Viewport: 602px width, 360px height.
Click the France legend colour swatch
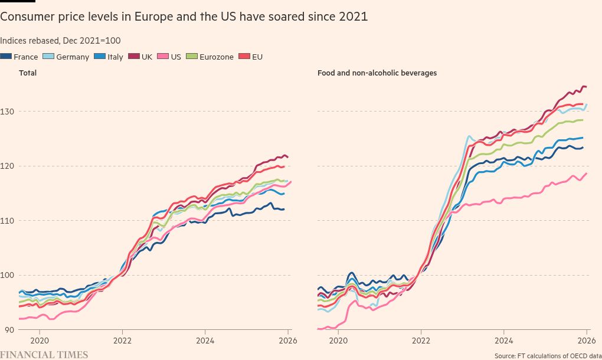coord(6,57)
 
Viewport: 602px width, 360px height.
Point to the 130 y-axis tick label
coord(9,111)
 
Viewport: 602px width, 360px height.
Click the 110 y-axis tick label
coord(9,220)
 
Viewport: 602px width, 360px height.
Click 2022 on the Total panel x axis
coord(122,340)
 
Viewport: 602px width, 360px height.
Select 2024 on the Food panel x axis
coord(503,340)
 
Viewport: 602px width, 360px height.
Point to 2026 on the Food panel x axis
coord(586,340)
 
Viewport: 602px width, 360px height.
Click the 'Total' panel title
coord(28,73)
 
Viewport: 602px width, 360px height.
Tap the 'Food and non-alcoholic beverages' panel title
coord(377,73)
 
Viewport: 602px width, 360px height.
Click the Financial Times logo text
coord(44,355)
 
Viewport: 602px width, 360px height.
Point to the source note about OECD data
coord(545,355)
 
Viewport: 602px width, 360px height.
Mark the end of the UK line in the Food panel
coord(585,87)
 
